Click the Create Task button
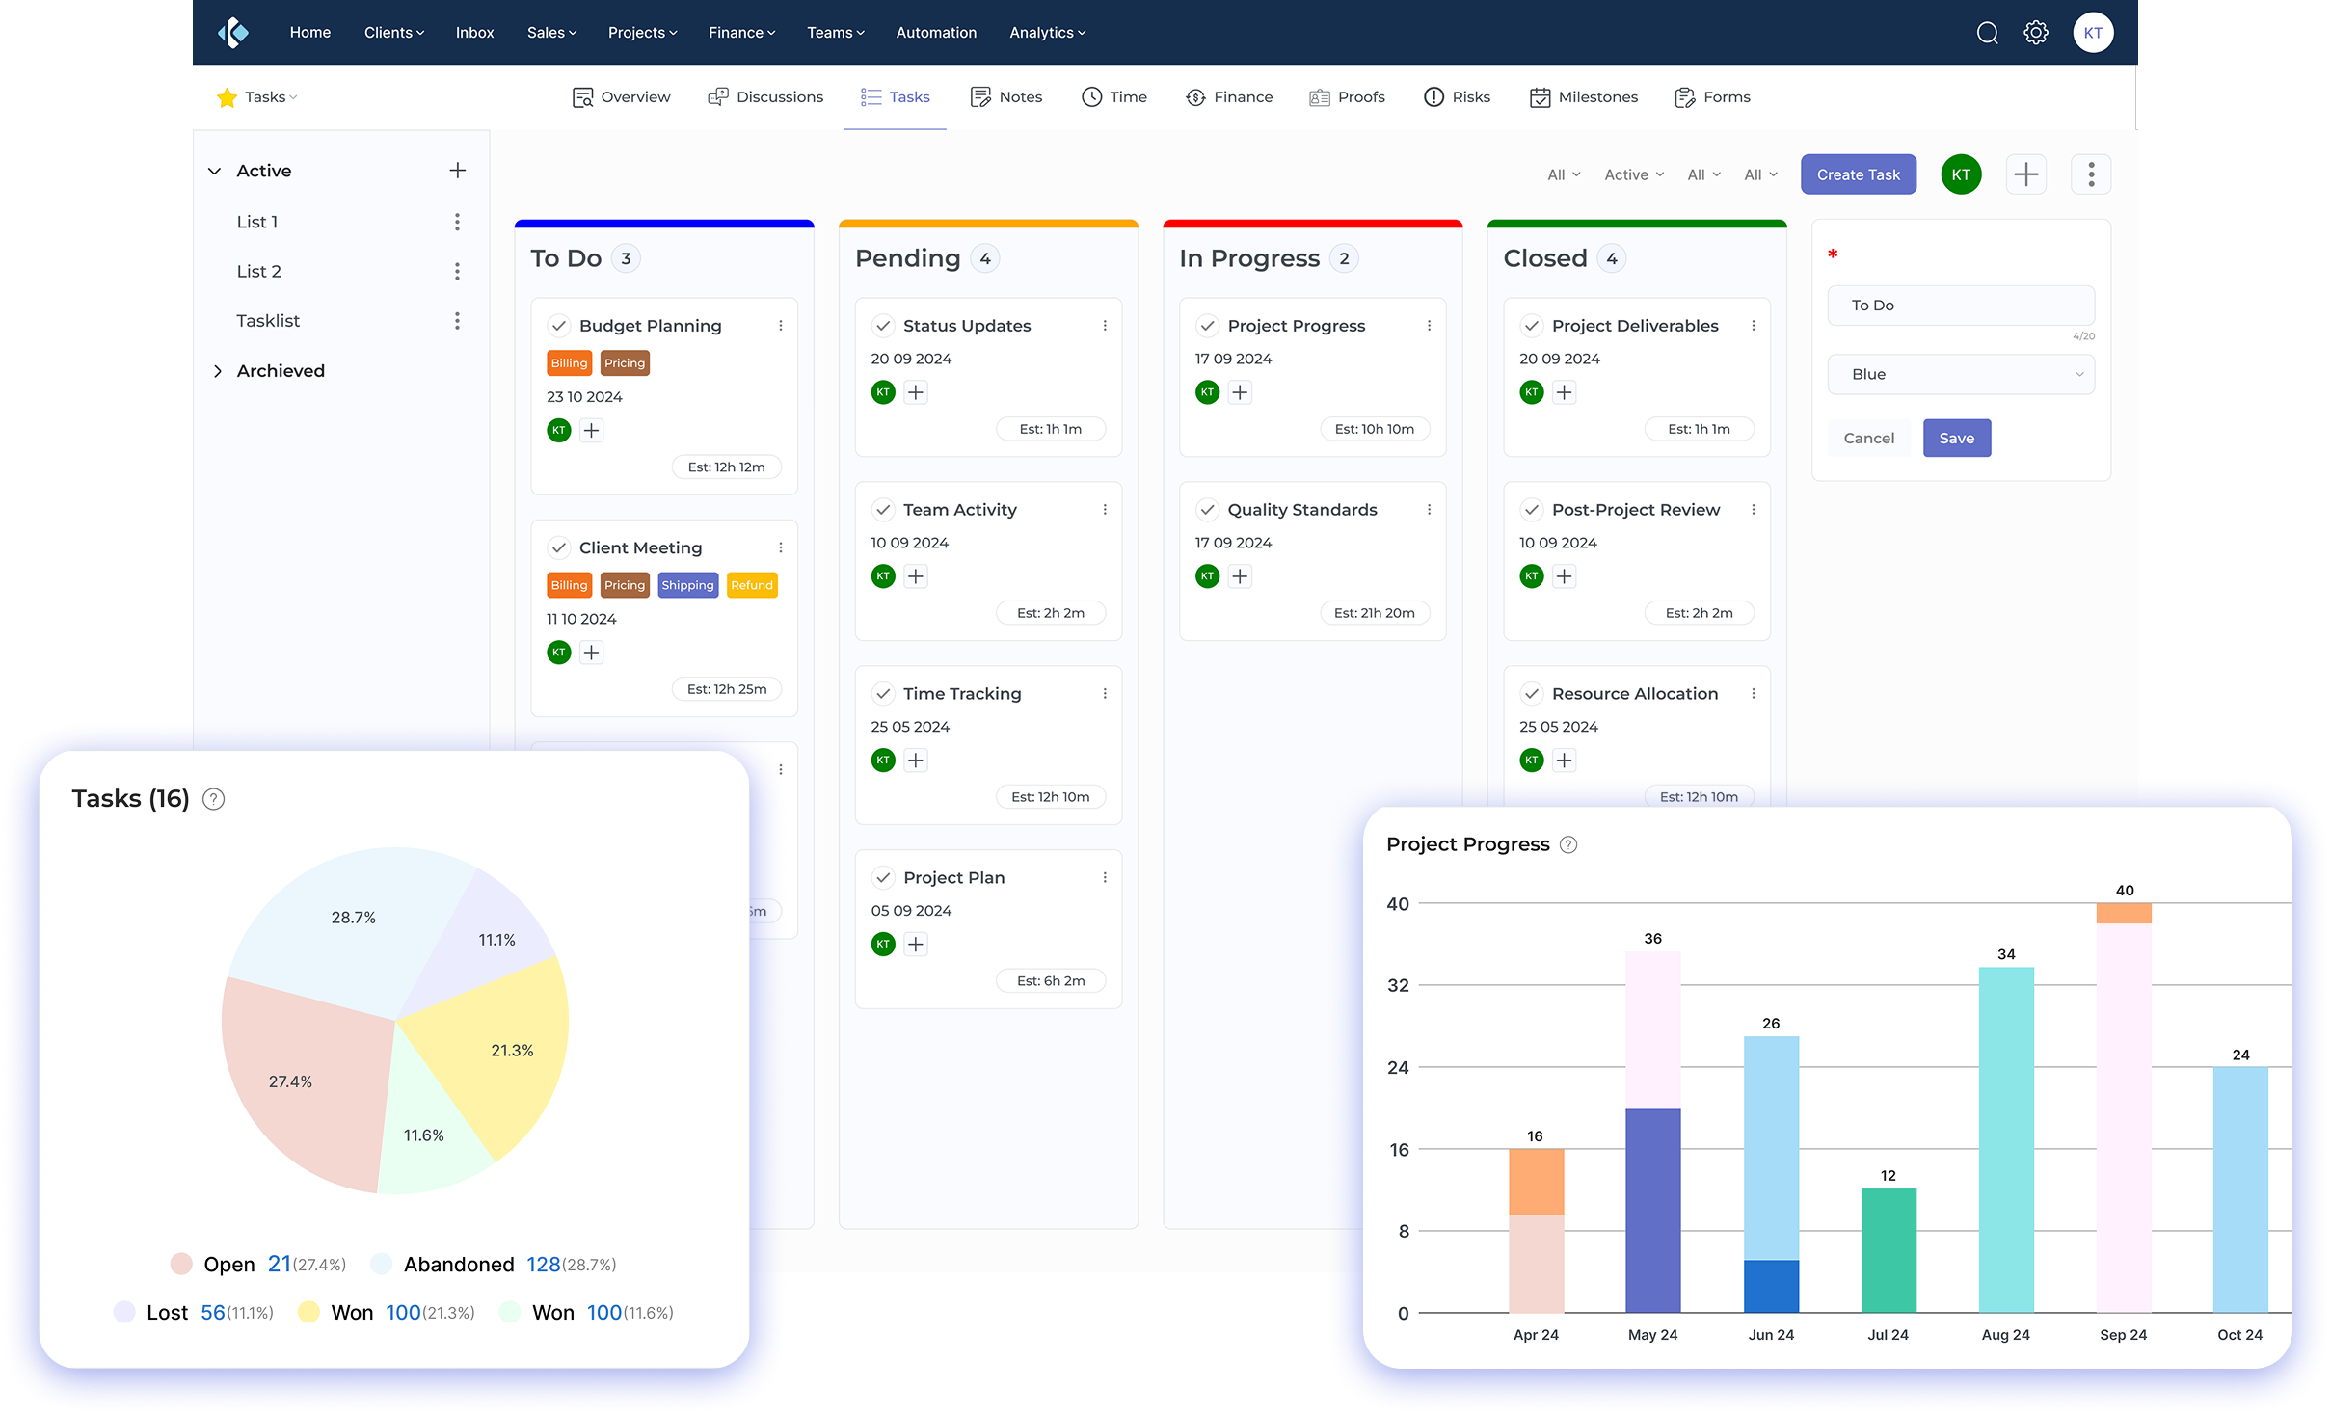1858,174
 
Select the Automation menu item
935,33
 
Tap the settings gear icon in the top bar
2035,33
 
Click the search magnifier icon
1987,33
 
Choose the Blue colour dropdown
1960,374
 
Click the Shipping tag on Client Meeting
687,585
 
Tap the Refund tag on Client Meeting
752,585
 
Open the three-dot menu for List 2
457,272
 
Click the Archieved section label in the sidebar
281,371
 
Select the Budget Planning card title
650,326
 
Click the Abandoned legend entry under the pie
459,1264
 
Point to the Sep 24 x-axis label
2123,1335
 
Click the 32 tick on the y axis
1398,985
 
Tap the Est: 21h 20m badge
1374,613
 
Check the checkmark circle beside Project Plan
883,877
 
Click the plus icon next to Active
458,171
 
